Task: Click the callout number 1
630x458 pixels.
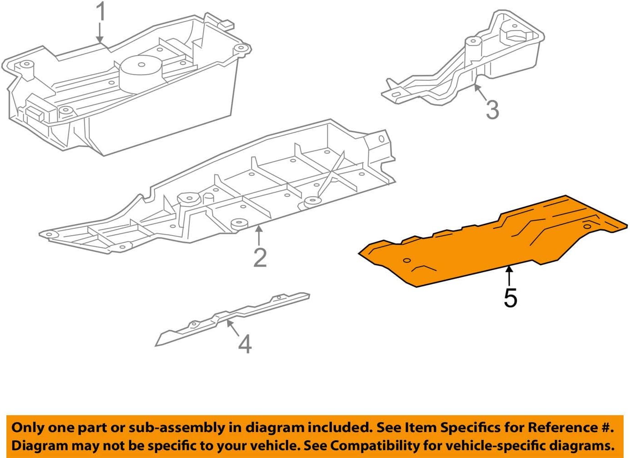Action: click(101, 12)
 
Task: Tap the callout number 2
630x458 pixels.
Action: click(259, 258)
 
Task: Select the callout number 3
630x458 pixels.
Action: click(492, 110)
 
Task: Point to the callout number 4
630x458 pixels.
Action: click(244, 344)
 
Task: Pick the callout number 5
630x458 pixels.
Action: click(510, 298)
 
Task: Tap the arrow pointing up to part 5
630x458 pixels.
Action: click(510, 276)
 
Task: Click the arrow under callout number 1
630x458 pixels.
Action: click(100, 34)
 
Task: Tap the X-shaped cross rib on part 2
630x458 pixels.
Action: click(335, 175)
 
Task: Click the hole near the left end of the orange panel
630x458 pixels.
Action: click(407, 261)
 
